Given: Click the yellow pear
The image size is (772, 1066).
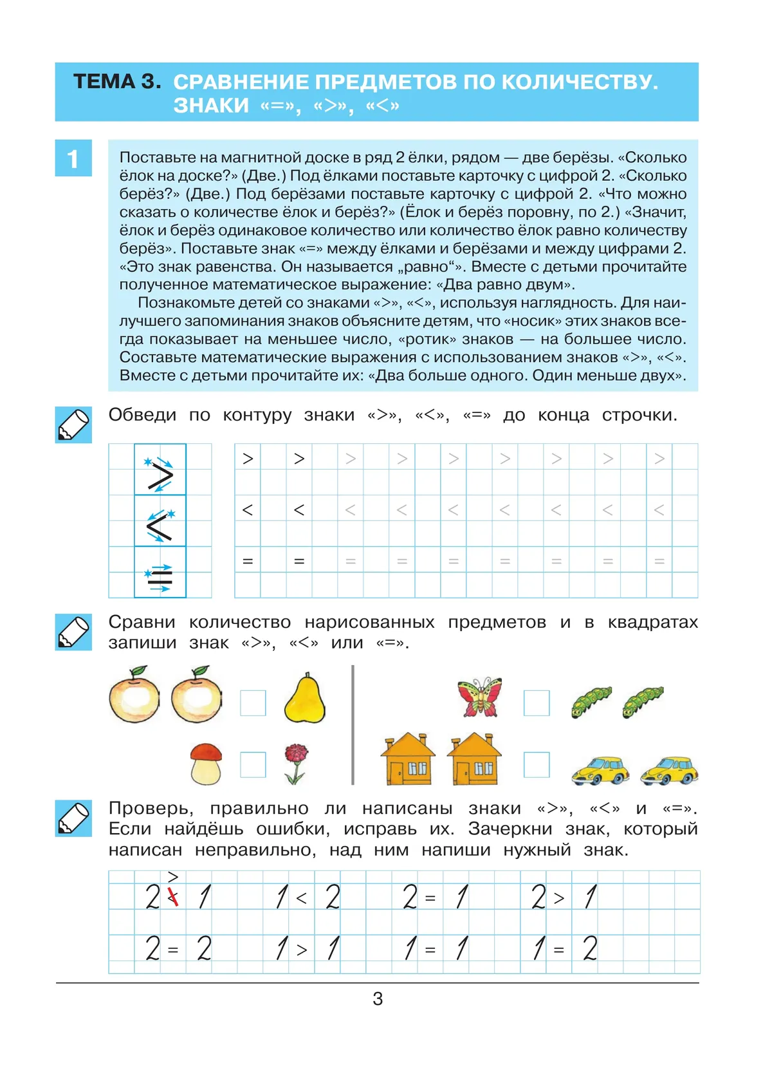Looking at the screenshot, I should (304, 699).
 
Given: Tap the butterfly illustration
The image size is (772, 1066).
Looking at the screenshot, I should (479, 696).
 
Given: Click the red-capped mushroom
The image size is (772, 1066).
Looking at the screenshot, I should (207, 764).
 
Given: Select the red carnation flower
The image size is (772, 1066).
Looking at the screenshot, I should (296, 763).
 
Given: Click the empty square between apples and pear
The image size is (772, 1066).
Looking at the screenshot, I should (253, 703).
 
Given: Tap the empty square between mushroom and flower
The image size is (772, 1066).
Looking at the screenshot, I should (253, 765).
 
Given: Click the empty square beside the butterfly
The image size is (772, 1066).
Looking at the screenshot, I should (537, 703).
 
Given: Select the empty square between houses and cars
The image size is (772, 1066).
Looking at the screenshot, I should (537, 765).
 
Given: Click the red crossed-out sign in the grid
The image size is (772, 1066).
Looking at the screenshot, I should (172, 897).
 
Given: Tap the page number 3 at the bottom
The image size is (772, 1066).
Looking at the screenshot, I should (378, 998).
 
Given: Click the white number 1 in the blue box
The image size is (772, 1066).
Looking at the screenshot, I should (73, 158).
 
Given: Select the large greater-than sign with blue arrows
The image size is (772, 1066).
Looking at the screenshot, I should (160, 475).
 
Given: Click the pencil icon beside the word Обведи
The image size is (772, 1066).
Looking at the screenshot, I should (73, 425).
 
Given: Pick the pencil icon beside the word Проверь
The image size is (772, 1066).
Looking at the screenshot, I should (73, 818).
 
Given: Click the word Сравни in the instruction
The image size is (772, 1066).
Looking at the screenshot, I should (142, 622).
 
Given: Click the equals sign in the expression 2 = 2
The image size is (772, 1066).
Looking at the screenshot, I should (172, 950).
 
